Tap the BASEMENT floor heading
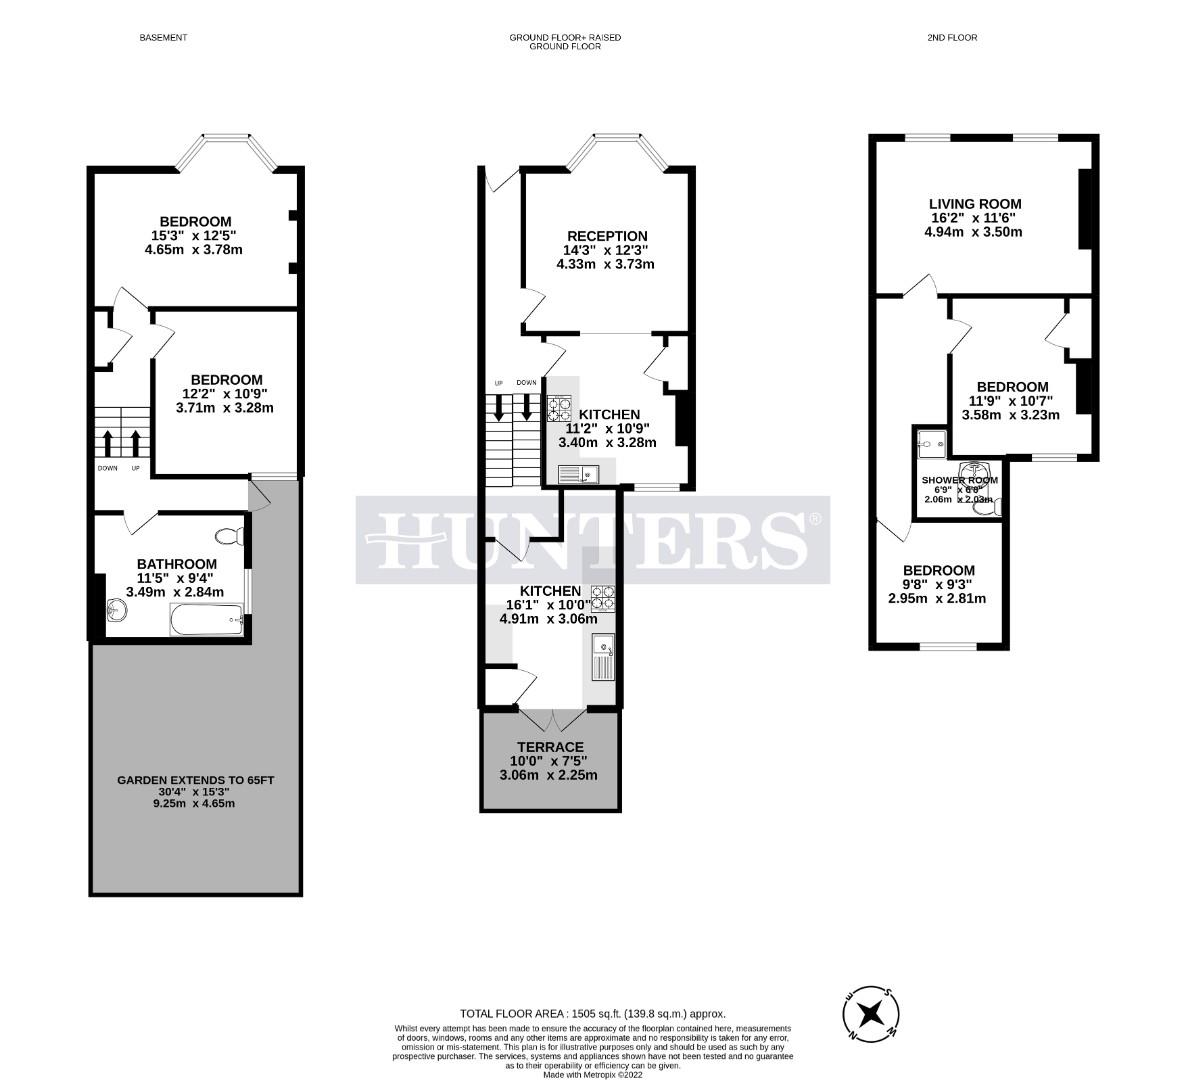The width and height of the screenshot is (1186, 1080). coord(163,38)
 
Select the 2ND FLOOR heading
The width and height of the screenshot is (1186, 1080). coord(952,38)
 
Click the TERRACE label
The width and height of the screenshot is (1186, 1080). coord(550,747)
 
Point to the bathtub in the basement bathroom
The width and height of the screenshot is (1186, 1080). coord(206,621)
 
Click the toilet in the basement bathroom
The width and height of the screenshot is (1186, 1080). coord(232,536)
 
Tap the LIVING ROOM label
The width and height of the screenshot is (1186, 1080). coord(975,204)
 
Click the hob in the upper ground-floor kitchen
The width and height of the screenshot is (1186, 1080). coord(559,409)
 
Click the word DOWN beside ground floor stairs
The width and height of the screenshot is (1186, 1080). coord(526,383)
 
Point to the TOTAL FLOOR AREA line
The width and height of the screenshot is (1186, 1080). coord(592,1013)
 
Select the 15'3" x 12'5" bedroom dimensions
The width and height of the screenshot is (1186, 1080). coord(194,236)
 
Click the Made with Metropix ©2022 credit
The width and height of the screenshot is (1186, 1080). coord(593,1075)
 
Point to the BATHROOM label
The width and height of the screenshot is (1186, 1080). coord(177,564)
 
